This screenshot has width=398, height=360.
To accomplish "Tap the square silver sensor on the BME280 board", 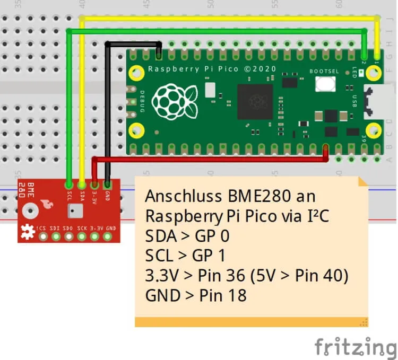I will [x=73, y=212].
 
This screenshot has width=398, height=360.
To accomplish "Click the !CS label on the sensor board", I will [x=41, y=227].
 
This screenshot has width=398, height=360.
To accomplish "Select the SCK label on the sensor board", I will [x=82, y=227].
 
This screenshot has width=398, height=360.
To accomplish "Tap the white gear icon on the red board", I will [x=27, y=231].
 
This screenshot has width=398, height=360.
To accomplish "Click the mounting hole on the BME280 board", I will [x=30, y=207].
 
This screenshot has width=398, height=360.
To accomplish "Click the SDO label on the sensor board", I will [x=68, y=227].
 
